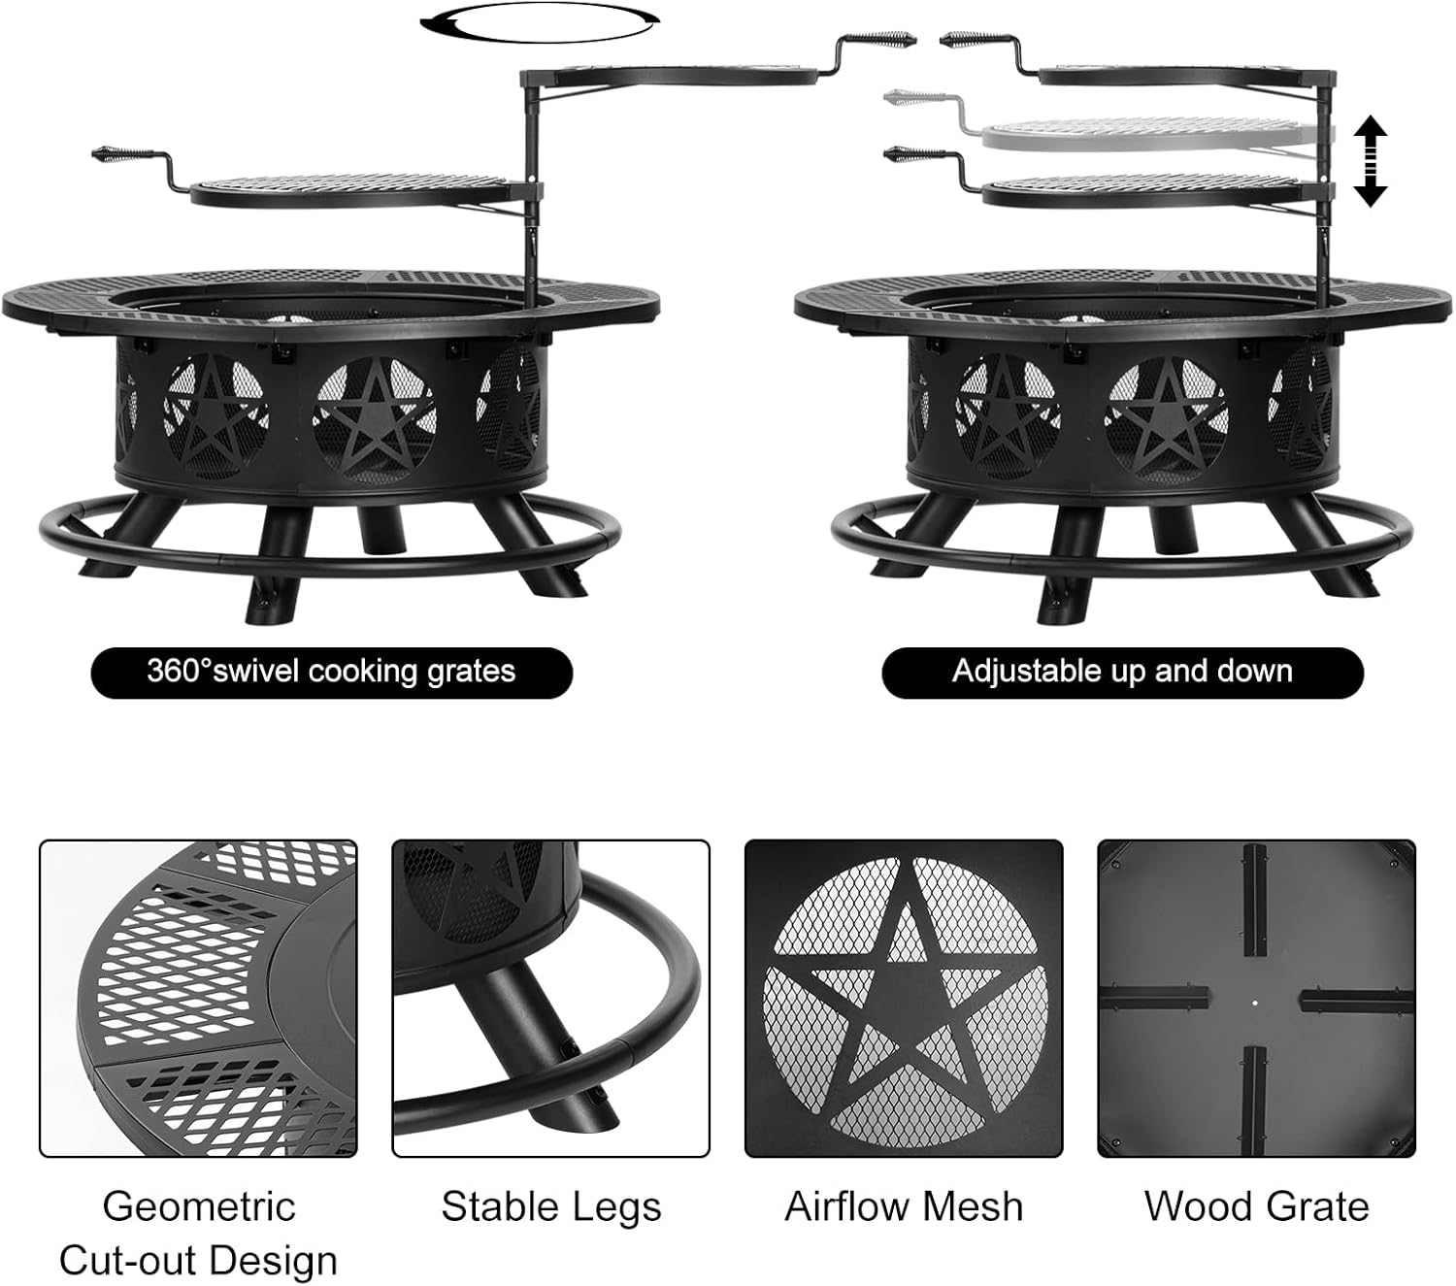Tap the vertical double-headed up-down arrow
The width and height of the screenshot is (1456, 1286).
[1369, 161]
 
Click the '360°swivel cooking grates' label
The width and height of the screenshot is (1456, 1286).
[331, 672]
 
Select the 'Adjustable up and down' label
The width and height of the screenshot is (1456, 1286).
[1122, 672]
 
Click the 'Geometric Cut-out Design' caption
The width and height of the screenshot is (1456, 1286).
[198, 1233]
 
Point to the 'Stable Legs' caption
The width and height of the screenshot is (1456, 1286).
[550, 1206]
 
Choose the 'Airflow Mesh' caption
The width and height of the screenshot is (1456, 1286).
[904, 1206]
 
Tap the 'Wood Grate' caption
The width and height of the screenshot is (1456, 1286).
[1256, 1206]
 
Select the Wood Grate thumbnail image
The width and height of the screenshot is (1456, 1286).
[1256, 999]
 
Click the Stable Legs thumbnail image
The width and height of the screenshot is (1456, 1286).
[550, 999]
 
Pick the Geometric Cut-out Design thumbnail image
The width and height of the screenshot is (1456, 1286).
[198, 999]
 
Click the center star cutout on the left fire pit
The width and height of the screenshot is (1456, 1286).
[374, 417]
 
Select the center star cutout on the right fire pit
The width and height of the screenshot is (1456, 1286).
[1165, 417]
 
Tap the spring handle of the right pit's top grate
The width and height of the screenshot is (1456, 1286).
[966, 41]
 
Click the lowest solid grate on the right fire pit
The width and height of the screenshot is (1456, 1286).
[1155, 191]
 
